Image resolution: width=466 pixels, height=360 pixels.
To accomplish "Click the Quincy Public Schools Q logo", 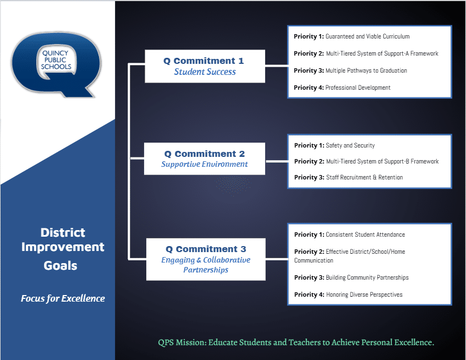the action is tap(56, 64).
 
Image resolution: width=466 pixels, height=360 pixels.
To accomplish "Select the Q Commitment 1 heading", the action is tap(204, 61).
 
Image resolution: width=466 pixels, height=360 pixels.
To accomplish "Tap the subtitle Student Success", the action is tap(205, 72).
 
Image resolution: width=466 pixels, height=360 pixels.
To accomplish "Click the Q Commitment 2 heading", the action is tap(205, 154).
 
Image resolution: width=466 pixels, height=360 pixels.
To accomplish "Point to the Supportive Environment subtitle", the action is tap(205, 164).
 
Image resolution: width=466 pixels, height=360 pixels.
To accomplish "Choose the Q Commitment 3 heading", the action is tap(206, 249).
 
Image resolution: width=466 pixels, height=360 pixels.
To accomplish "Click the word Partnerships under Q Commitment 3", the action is tap(206, 270).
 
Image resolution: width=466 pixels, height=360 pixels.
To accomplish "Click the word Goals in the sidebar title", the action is tap(61, 265).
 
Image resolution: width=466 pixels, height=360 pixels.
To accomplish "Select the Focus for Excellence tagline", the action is tap(63, 298).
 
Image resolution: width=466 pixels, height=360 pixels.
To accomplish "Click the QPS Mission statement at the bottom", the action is tap(296, 342).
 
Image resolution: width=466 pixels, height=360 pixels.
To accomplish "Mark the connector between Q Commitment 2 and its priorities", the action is tap(277, 161).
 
